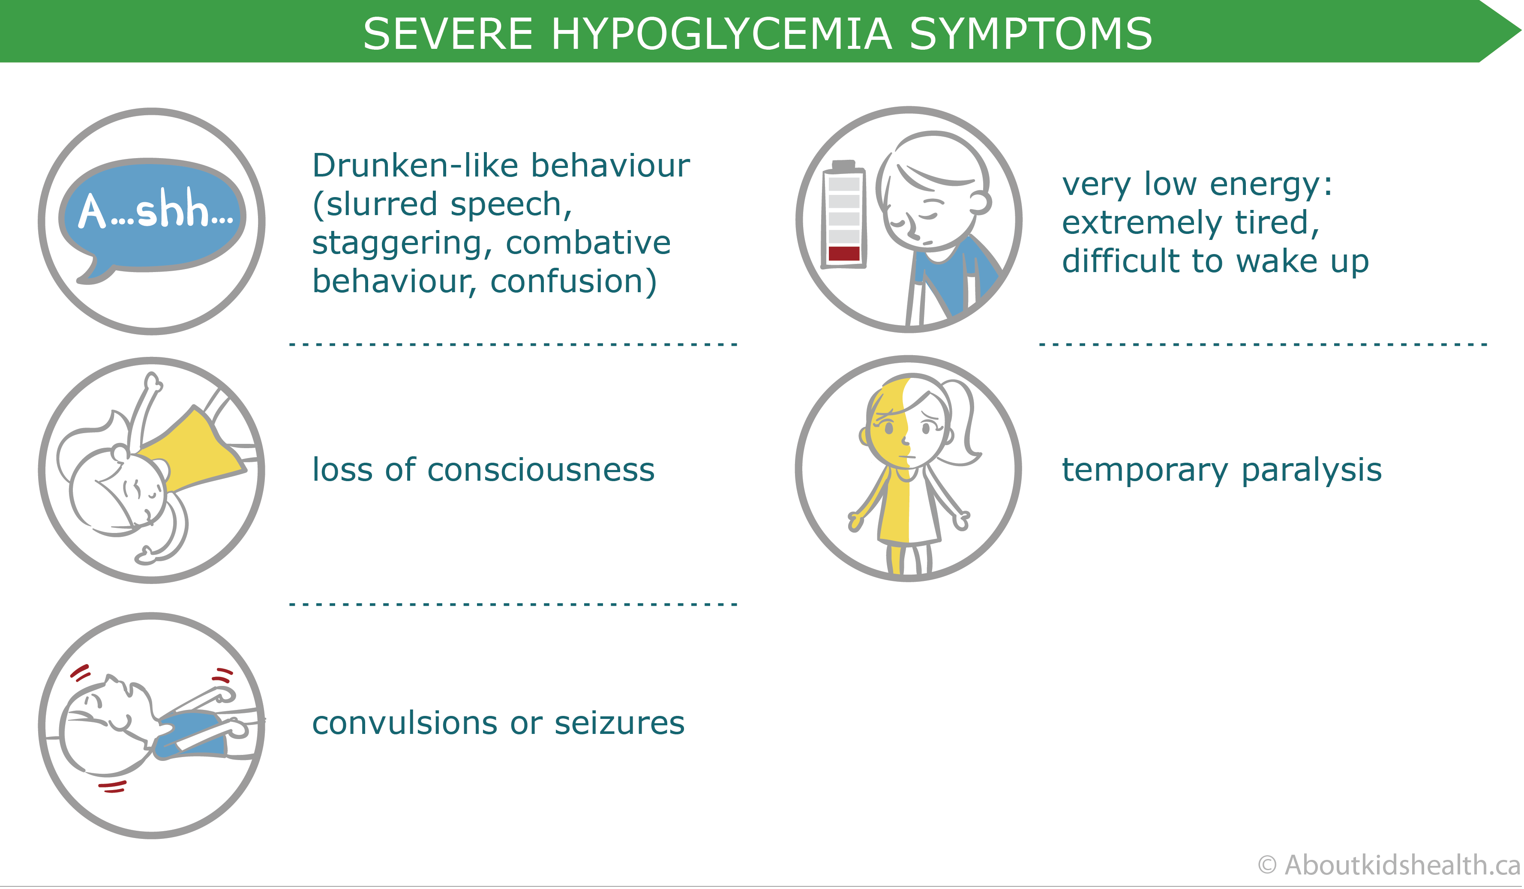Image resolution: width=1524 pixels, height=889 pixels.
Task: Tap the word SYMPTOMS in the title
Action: (x=1031, y=34)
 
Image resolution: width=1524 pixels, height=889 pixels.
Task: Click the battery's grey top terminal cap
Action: (x=843, y=165)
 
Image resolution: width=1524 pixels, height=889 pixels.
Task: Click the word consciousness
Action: (x=541, y=470)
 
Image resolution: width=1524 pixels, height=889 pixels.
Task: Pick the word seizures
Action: (x=619, y=723)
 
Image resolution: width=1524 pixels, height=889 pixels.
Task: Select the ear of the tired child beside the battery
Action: (x=979, y=203)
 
